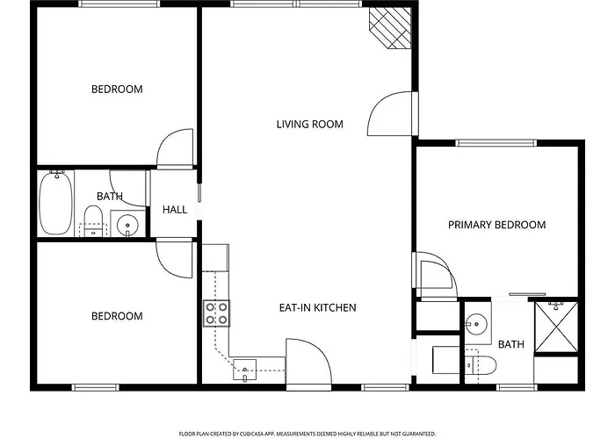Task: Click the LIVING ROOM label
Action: [310, 125]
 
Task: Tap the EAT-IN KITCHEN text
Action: [318, 307]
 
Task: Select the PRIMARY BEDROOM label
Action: [497, 225]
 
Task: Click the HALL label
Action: [175, 210]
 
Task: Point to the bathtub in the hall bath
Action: [56, 203]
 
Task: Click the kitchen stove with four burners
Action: [216, 313]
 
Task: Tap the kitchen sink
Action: [245, 370]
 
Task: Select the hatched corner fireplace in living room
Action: [390, 28]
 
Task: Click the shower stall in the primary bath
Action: [556, 327]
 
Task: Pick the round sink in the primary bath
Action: [476, 324]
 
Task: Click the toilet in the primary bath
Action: [481, 365]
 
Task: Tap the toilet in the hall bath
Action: [93, 221]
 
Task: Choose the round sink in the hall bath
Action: [127, 225]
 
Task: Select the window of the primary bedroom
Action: [496, 143]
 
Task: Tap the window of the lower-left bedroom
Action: [95, 388]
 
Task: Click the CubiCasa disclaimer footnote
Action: [307, 434]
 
